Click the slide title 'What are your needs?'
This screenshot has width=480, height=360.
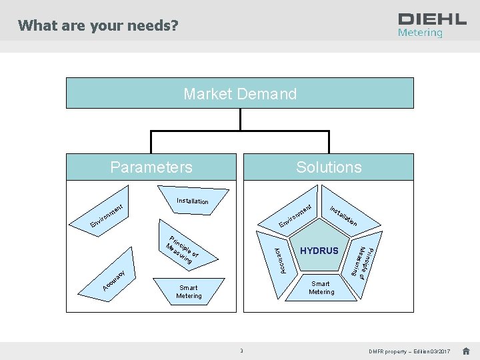click(x=98, y=26)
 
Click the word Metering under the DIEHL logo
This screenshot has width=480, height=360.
click(x=420, y=33)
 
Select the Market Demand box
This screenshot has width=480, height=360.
click(x=240, y=94)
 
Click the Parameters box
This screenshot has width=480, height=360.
click(x=151, y=167)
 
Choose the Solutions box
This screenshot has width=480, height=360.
click(x=329, y=167)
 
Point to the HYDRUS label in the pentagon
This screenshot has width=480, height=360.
click(x=319, y=251)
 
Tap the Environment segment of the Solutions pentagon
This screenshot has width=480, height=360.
click(x=297, y=216)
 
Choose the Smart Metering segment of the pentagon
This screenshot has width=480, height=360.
click(x=321, y=287)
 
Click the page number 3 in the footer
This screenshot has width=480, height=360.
click(x=242, y=351)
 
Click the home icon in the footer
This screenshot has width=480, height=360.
click(x=466, y=351)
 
